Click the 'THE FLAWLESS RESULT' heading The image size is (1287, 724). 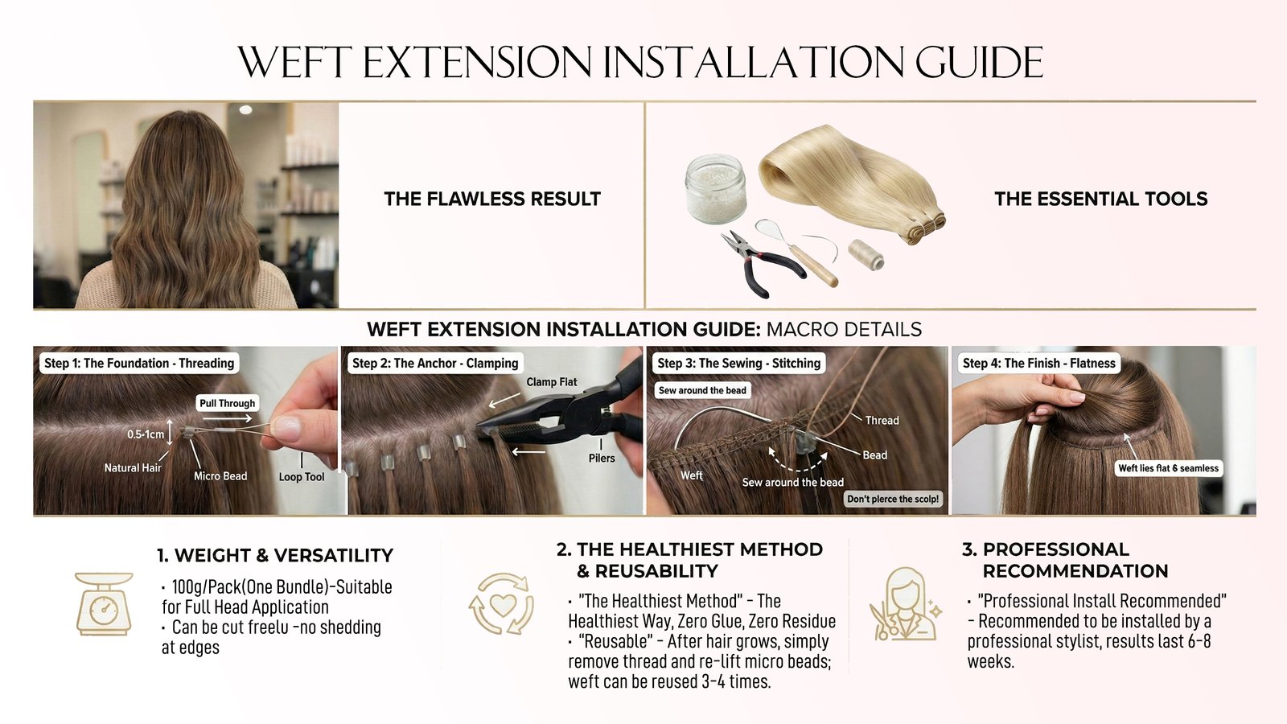click(492, 199)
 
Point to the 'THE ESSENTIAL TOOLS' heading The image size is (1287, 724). click(1101, 199)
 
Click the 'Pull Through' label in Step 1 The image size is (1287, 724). click(227, 403)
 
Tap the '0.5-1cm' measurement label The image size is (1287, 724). click(146, 434)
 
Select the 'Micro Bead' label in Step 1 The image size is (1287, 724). click(220, 475)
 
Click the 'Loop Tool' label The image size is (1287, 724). click(302, 476)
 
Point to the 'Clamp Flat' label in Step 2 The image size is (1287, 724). click(552, 381)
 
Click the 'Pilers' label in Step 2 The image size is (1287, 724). click(602, 458)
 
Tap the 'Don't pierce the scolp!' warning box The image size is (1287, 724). click(893, 499)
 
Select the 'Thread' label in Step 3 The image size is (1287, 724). click(882, 420)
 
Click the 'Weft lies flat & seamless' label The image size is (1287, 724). click(1168, 467)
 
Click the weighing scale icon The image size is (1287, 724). click(104, 603)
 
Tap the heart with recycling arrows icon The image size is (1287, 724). click(502, 603)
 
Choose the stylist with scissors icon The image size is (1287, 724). click(905, 603)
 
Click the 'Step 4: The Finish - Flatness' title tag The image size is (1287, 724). click(1038, 363)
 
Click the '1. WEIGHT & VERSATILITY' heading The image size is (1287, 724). click(275, 555)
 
